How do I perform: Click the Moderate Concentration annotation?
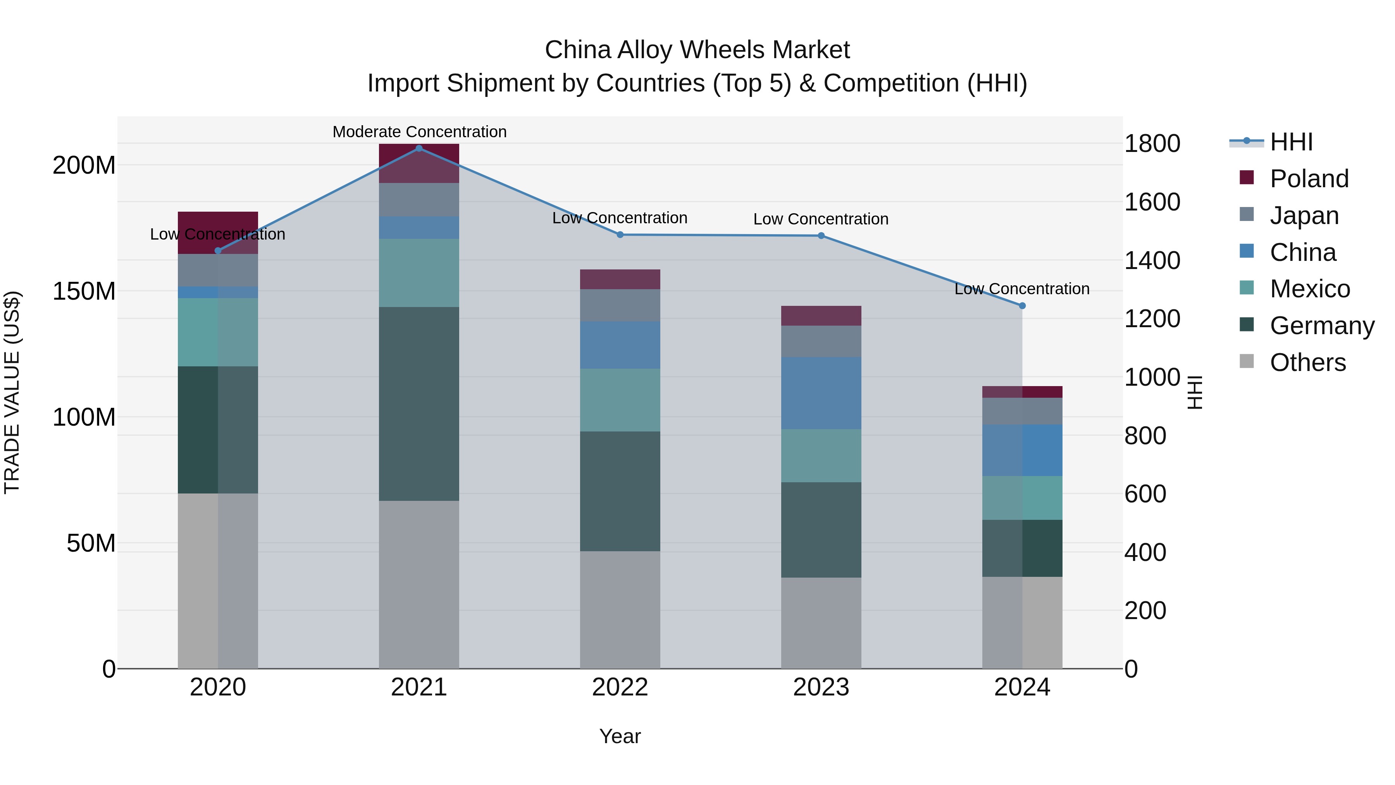click(x=419, y=132)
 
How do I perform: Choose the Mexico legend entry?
click(x=1309, y=289)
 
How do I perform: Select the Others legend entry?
click(x=1307, y=362)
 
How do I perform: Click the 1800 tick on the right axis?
click(x=1152, y=143)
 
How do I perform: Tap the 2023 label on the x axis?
click(x=821, y=687)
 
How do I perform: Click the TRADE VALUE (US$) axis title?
click(x=12, y=392)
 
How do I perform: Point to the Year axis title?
click(x=620, y=736)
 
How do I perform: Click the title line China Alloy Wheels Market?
click(x=697, y=50)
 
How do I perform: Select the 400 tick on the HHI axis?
click(x=1145, y=552)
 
